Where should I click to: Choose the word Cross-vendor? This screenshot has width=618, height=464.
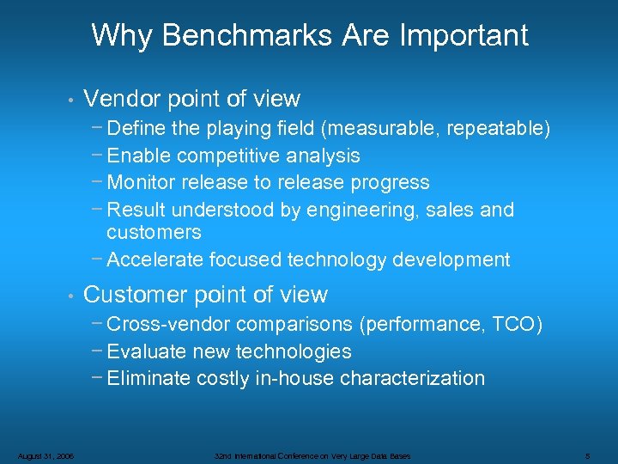point(171,325)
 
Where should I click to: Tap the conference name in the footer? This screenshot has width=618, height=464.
point(312,455)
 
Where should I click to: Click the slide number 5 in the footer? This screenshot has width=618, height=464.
point(585,455)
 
